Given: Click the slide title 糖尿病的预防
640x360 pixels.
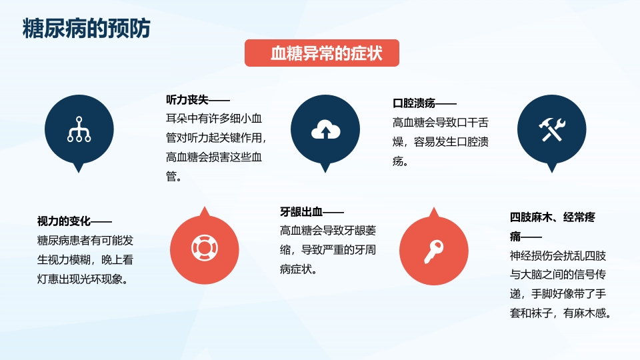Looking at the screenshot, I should pos(87,29).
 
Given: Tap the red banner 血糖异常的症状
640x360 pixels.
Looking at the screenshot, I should pos(322,53).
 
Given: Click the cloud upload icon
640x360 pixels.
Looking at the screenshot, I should pos(325,129).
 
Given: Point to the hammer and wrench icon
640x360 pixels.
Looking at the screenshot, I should pos(551,129).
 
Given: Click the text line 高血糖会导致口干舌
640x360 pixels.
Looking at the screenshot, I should pos(440,123).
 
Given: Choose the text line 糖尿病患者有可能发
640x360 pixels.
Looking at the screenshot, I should pos(85,241).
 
